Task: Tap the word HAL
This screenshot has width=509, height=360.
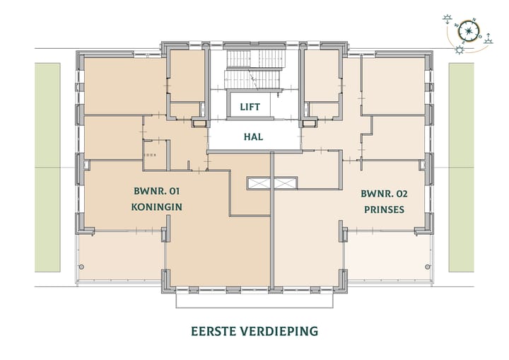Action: (x=252, y=137)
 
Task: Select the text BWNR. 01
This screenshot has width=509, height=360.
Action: (x=158, y=191)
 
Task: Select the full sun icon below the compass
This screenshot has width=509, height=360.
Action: (x=460, y=49)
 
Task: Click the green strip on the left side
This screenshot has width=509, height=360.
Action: (x=48, y=167)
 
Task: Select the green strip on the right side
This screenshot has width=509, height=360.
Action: (x=462, y=167)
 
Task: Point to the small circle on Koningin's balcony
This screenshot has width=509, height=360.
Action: (x=82, y=267)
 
